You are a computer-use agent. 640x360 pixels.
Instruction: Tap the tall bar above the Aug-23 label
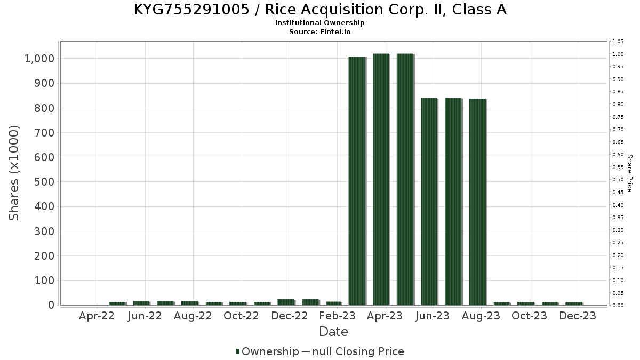coord(477,202)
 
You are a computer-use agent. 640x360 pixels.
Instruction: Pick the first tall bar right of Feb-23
coord(357,181)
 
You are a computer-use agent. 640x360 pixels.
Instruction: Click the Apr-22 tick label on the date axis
coord(97,316)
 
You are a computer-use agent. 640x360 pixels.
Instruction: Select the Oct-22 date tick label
coord(241,316)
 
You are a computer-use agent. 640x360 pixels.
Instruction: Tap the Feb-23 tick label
coord(337,316)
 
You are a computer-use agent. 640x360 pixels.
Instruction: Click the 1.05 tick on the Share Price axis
coord(618,42)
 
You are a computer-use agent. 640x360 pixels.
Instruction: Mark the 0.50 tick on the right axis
coord(618,180)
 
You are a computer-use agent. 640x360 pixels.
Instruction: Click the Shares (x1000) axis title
coord(14,173)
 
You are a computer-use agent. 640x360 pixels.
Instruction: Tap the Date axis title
coord(333,332)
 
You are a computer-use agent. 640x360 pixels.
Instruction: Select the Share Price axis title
coord(629,173)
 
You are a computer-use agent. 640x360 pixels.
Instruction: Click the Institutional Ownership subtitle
coord(319,23)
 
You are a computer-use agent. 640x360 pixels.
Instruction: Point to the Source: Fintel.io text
coord(319,31)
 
